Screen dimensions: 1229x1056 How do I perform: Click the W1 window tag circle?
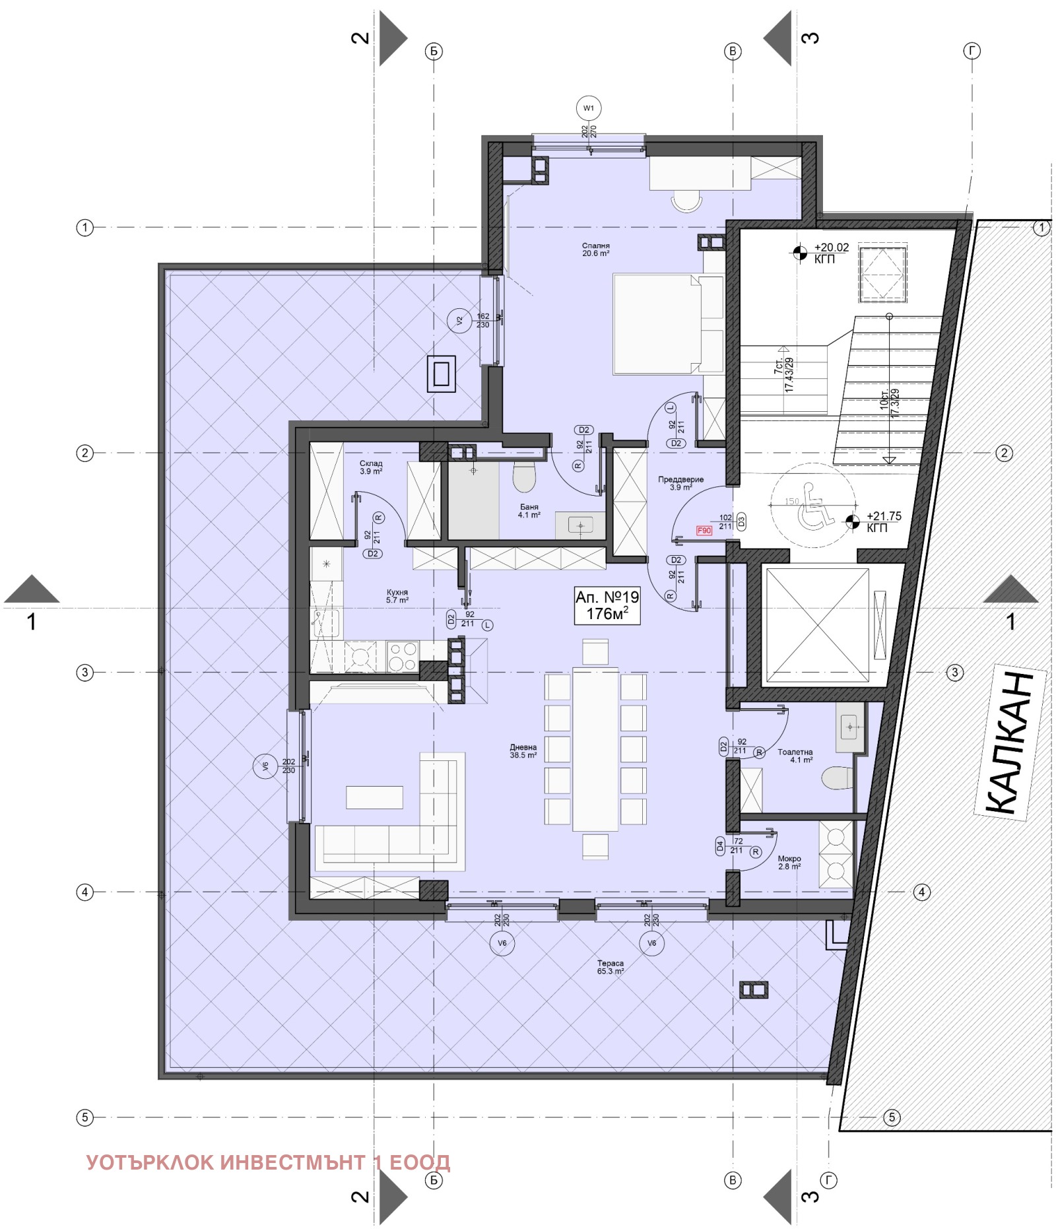click(x=588, y=108)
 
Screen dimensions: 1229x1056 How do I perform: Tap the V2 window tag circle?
click(x=459, y=321)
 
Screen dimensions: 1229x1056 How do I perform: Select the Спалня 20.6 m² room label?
click(x=595, y=249)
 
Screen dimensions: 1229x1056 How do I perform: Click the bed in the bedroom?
click(x=667, y=324)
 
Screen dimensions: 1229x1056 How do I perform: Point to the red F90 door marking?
click(x=704, y=531)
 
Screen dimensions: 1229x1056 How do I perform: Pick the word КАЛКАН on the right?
click(x=1010, y=744)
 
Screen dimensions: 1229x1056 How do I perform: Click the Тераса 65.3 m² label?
click(x=610, y=967)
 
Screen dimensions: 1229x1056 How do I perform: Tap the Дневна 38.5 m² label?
click(x=523, y=751)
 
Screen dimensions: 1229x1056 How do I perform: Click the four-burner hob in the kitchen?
click(x=402, y=656)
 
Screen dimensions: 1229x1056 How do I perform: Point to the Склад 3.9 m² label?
click(x=371, y=467)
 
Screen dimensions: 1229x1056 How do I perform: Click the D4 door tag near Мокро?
click(x=720, y=846)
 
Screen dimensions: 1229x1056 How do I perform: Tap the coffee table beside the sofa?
click(x=374, y=797)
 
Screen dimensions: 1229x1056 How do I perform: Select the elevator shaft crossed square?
click(x=817, y=625)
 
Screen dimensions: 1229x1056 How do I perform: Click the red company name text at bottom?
click(x=268, y=1162)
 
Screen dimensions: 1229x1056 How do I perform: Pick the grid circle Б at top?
click(x=434, y=51)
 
